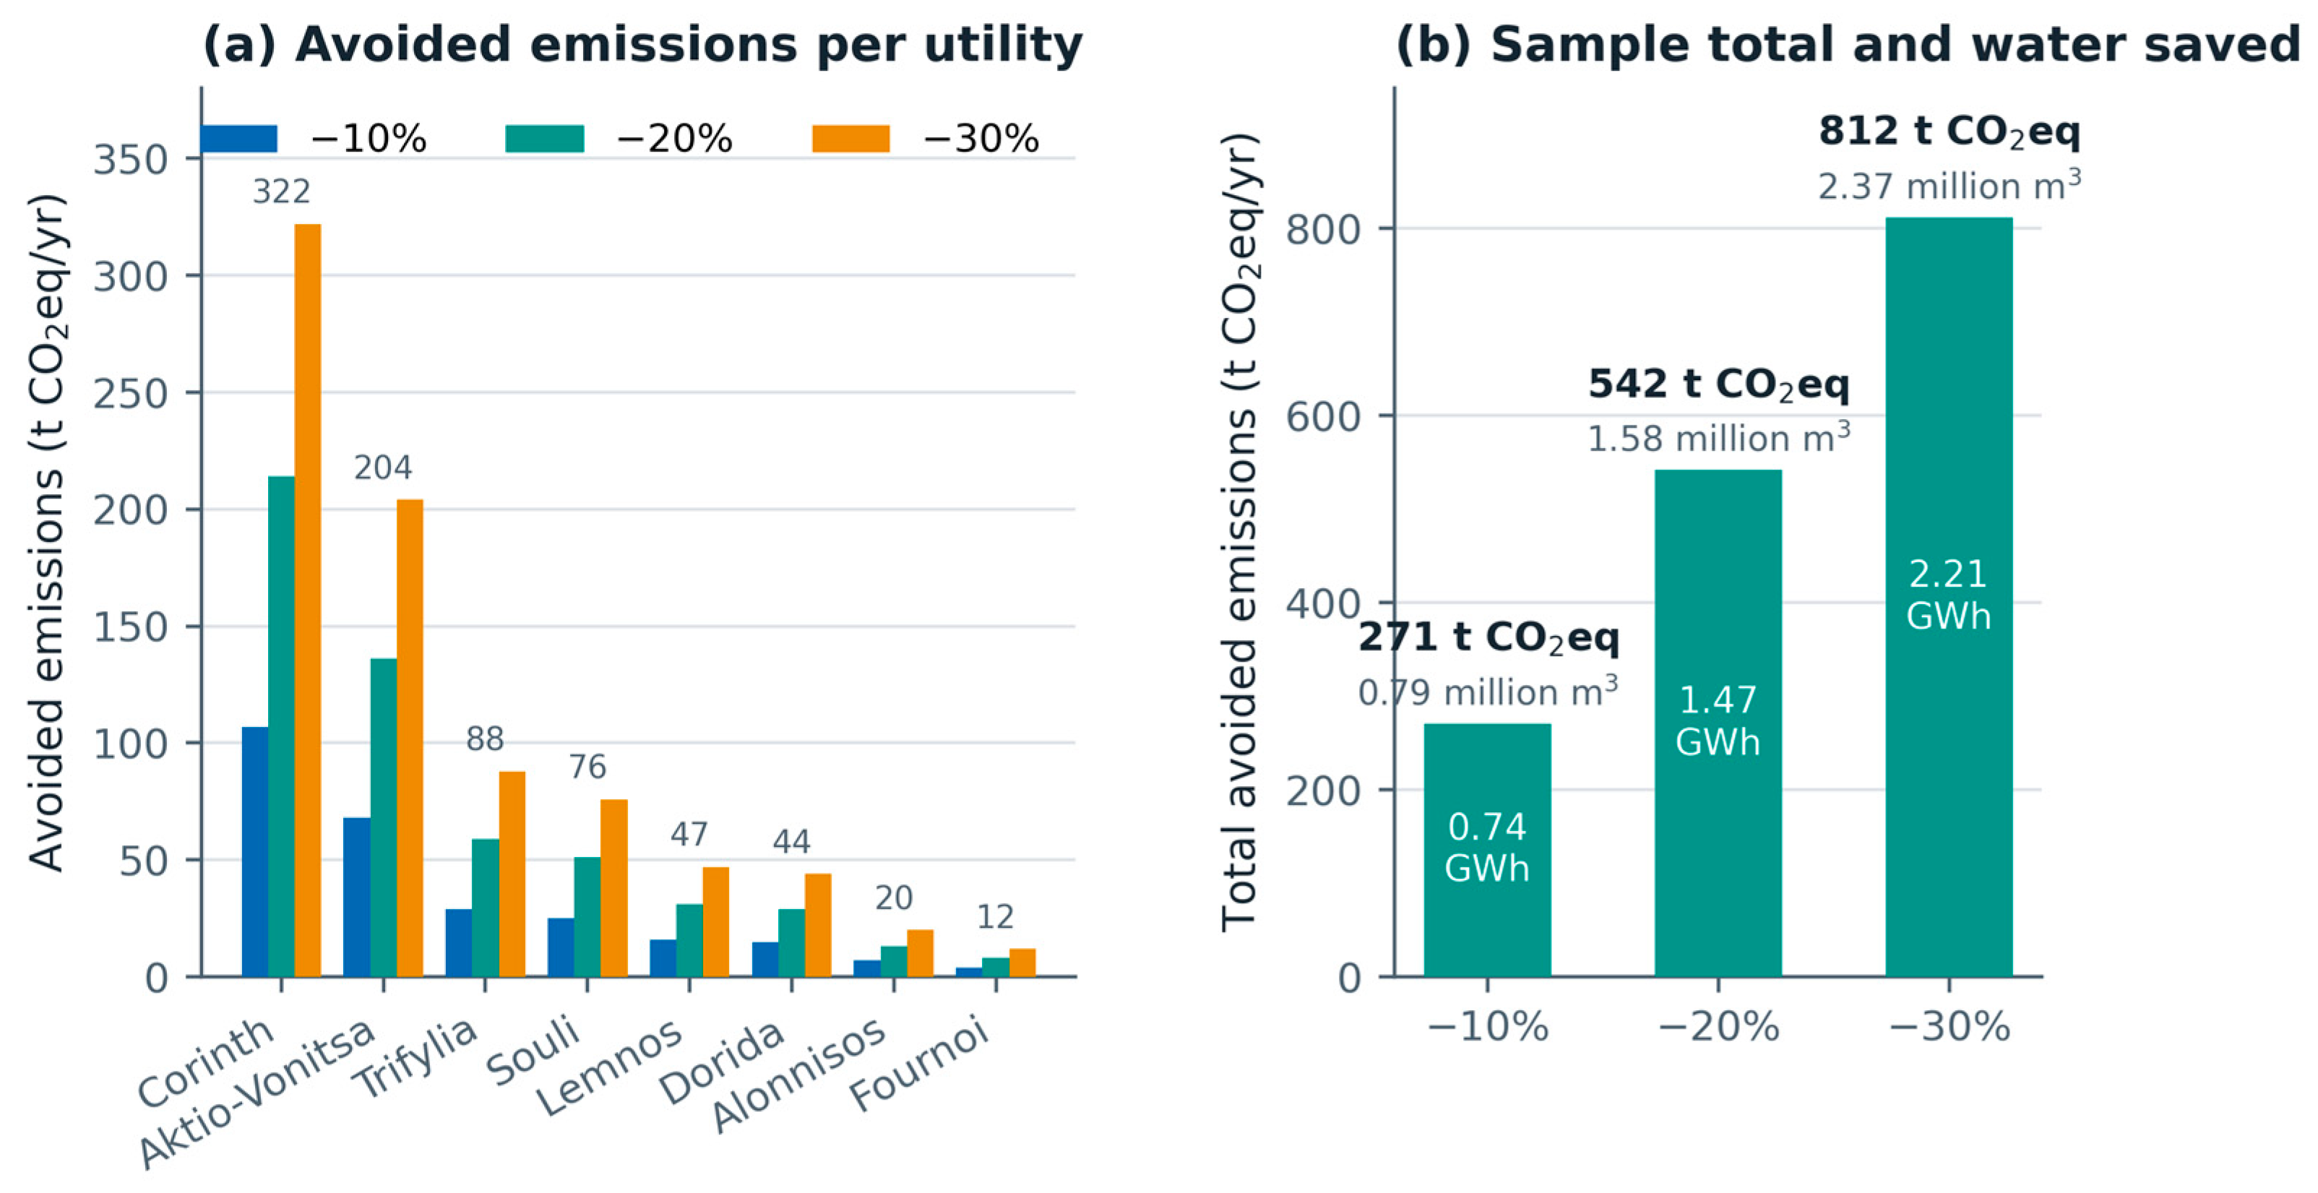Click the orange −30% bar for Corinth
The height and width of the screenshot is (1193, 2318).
pos(308,600)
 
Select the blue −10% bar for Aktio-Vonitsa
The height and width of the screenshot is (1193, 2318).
pos(356,897)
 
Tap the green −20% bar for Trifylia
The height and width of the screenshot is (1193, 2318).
pos(486,908)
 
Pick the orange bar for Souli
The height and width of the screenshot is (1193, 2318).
pos(613,888)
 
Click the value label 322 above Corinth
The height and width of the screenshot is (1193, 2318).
pos(282,191)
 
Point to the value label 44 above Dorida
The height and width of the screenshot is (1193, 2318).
pos(792,842)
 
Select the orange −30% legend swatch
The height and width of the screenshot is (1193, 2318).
pos(850,139)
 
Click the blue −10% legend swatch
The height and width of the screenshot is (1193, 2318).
pos(238,139)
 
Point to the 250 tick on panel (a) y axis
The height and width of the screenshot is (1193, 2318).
pos(131,393)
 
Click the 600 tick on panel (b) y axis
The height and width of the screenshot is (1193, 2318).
pos(1323,416)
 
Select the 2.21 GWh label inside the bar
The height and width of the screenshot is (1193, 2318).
pos(1949,595)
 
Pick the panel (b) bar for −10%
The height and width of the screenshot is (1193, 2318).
pos(1488,850)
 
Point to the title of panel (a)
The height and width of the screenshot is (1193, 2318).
pos(642,44)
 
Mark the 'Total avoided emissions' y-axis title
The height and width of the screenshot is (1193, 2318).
pos(1240,532)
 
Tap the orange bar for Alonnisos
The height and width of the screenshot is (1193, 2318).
pos(920,953)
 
